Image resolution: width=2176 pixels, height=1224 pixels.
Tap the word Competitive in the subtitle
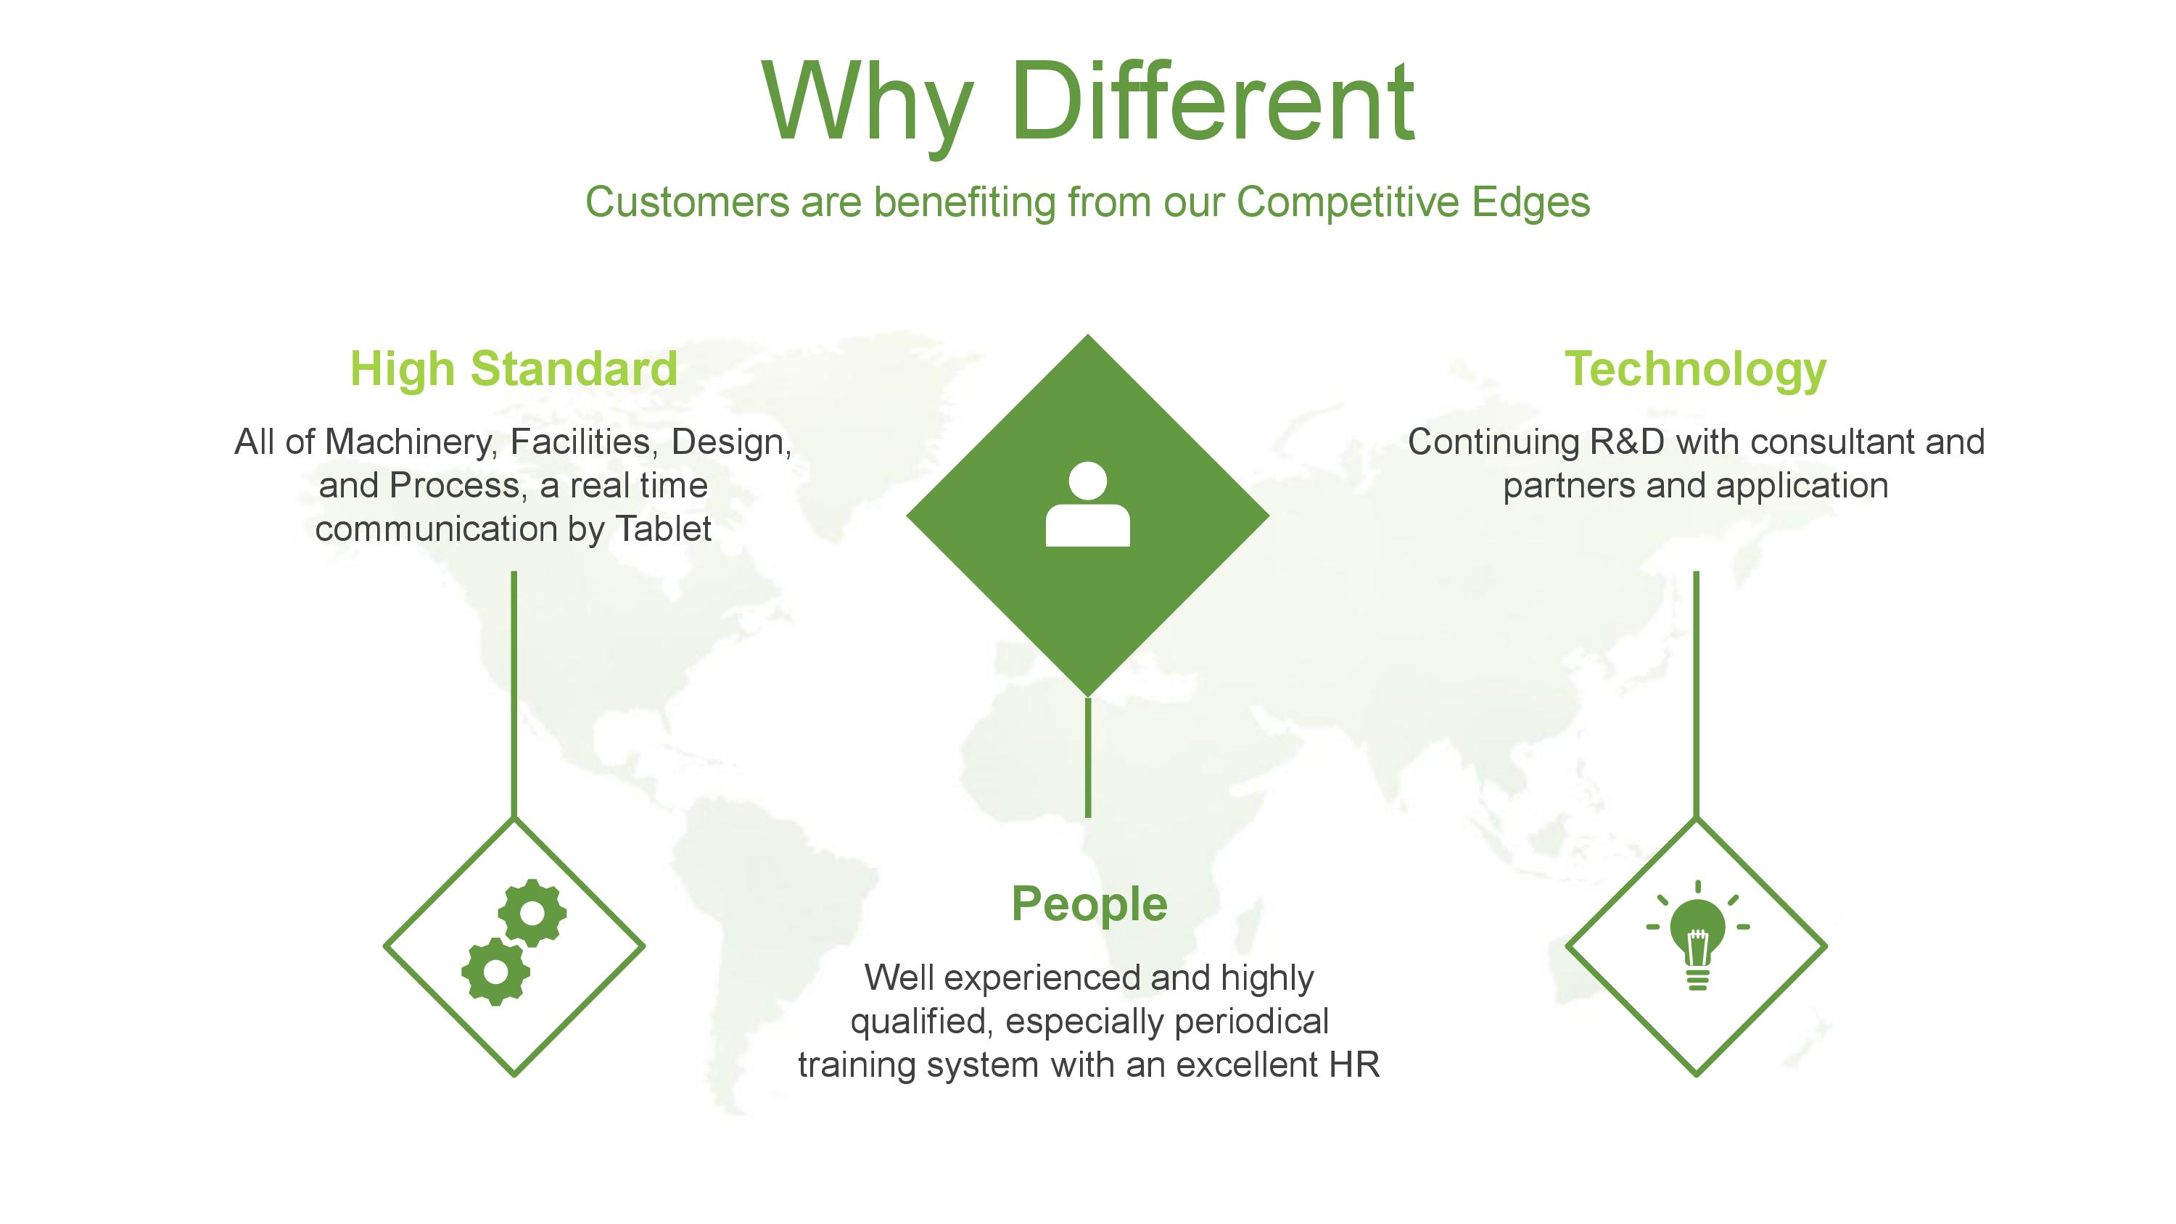[1348, 203]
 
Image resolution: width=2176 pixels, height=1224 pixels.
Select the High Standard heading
[514, 369]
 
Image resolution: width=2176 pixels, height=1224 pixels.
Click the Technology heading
[1695, 370]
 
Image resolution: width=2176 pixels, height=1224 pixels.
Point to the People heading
[1089, 906]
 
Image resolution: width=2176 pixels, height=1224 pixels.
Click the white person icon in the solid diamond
[1087, 504]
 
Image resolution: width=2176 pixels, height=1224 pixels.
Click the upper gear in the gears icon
[532, 913]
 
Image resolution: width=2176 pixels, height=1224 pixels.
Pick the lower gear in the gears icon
[496, 972]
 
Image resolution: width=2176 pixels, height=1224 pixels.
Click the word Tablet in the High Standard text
[663, 529]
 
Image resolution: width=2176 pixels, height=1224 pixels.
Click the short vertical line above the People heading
[1088, 757]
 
